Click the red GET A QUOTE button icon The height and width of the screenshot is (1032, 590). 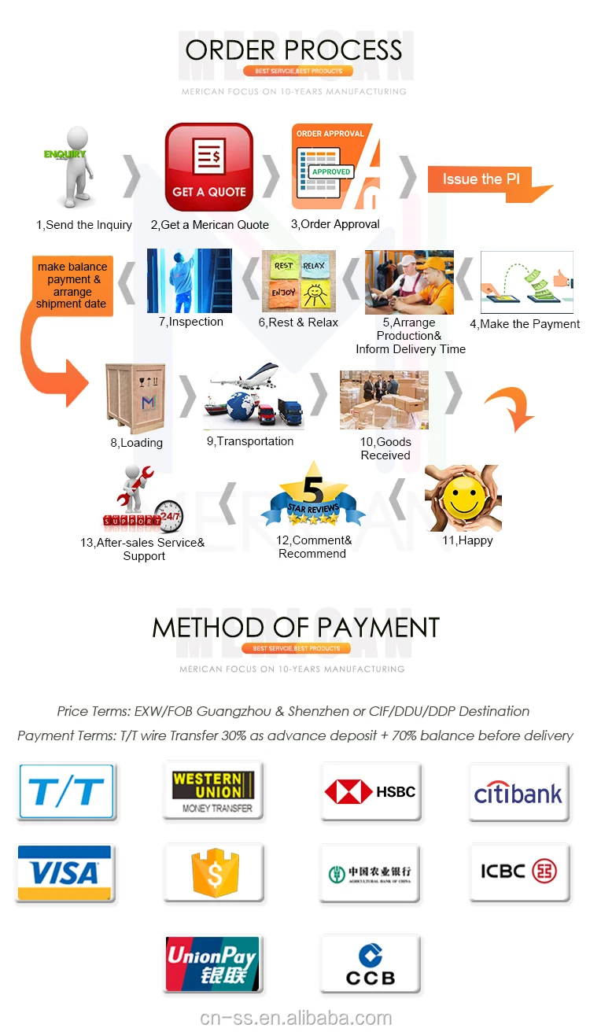click(x=208, y=167)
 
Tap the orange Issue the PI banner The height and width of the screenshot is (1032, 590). click(x=480, y=179)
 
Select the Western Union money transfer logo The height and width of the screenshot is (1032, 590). click(x=213, y=791)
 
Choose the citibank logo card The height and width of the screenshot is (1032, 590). click(x=518, y=792)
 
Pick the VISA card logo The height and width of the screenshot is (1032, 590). click(x=65, y=872)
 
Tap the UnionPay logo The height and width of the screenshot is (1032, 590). click(x=212, y=963)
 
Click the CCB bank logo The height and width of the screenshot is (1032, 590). click(x=370, y=965)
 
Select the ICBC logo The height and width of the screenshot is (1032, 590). click(x=518, y=872)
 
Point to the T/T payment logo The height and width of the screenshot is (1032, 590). click(x=66, y=791)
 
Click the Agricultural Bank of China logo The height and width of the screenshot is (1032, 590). click(x=370, y=873)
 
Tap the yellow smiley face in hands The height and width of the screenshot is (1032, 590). click(x=463, y=498)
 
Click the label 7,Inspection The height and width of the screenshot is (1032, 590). click(x=191, y=322)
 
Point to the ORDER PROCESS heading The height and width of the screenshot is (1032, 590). click(x=293, y=50)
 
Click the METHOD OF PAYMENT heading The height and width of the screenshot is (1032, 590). click(x=295, y=628)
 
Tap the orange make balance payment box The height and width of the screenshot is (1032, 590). click(x=72, y=286)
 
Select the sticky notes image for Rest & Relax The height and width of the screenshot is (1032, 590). click(x=298, y=281)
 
